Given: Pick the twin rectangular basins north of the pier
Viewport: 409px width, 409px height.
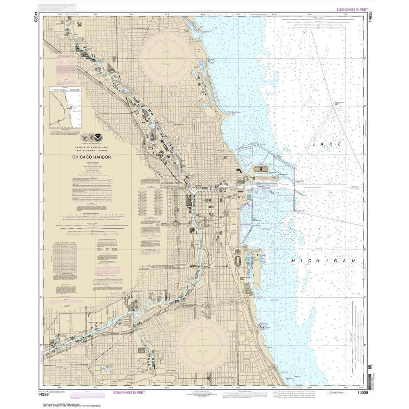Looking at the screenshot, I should [261, 169].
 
